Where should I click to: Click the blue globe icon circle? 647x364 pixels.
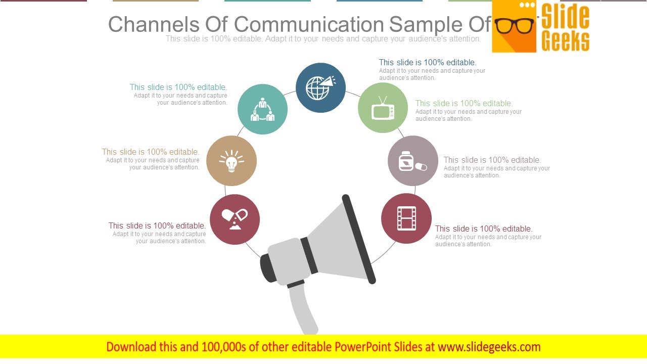pos(320,88)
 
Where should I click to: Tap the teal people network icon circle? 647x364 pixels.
pos(262,109)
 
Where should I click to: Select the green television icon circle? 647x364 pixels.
pos(383,108)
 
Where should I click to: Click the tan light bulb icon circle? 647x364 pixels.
pos(232,161)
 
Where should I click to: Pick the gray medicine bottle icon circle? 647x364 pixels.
pos(412,161)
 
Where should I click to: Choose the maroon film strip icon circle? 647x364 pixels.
pos(406,218)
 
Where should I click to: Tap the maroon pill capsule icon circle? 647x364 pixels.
pos(235,219)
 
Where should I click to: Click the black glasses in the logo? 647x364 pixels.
pos(514,26)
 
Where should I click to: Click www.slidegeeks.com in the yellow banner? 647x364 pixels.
pos(489,347)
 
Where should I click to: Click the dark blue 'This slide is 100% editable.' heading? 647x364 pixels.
pos(427,62)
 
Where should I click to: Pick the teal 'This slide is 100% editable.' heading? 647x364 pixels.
pos(178,87)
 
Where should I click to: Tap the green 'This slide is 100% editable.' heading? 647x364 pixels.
pos(464,103)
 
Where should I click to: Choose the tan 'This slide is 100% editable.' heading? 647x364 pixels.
pos(151,152)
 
